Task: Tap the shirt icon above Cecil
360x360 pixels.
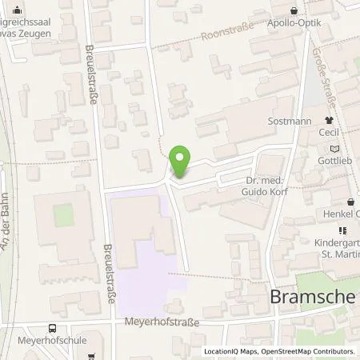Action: click(328, 121)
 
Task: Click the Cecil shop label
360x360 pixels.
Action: click(329, 134)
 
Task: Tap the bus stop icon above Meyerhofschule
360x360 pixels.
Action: click(53, 327)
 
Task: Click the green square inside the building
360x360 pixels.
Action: click(63, 215)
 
